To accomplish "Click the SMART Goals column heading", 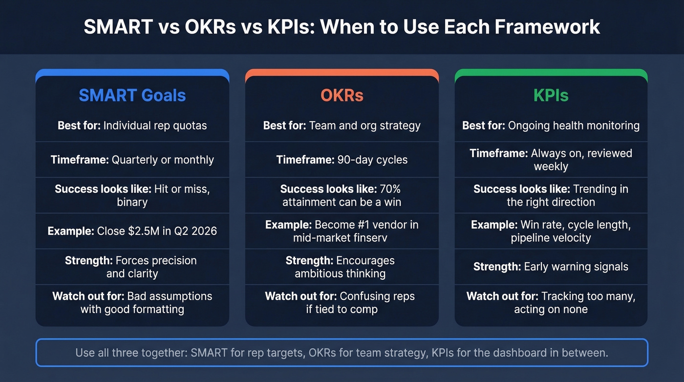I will (132, 95).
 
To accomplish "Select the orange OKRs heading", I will (342, 95).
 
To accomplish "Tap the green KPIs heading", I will (551, 95).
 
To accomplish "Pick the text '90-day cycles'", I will (372, 159).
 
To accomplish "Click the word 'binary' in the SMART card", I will (132, 202).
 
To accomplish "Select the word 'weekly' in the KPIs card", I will (551, 166).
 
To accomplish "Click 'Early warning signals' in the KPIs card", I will (576, 267).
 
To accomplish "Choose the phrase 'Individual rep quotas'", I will (155, 125).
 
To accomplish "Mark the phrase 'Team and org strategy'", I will (364, 125).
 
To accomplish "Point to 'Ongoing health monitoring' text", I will (574, 125).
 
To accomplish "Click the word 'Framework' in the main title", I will (547, 27).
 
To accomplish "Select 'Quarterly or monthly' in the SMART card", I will (163, 159).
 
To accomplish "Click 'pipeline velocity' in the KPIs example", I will (551, 238).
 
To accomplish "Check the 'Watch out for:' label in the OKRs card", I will (300, 296).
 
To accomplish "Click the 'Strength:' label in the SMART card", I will (88, 260).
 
